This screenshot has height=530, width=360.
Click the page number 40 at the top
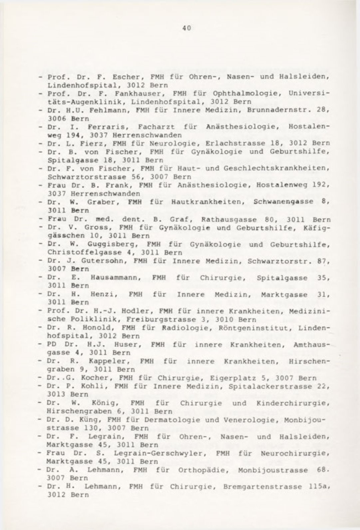(187, 29)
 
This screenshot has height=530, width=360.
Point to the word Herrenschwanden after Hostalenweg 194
(147, 135)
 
